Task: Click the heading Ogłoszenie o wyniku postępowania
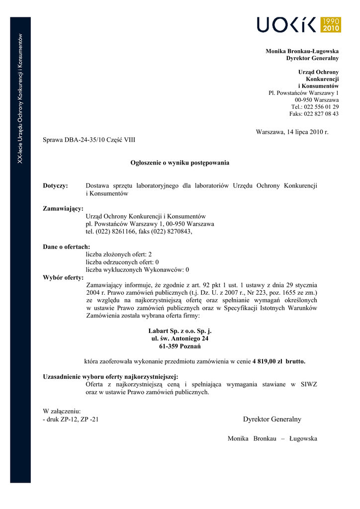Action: [x=180, y=163]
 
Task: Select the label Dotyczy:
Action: [x=55, y=186]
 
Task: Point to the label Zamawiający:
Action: [x=63, y=209]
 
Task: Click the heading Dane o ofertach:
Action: [x=66, y=247]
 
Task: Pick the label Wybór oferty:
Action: [x=63, y=277]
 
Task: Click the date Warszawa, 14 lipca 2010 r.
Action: [x=292, y=132]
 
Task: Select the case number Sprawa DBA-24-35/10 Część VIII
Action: [x=89, y=140]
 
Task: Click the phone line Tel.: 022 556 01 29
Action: [x=315, y=107]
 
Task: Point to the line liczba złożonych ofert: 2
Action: [x=119, y=254]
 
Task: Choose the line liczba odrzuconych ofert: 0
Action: [x=122, y=262]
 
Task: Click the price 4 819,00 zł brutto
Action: [x=279, y=361]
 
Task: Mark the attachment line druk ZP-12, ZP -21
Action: [x=71, y=419]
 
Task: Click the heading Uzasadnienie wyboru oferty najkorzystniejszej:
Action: [x=110, y=377]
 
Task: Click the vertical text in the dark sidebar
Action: [x=20, y=99]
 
